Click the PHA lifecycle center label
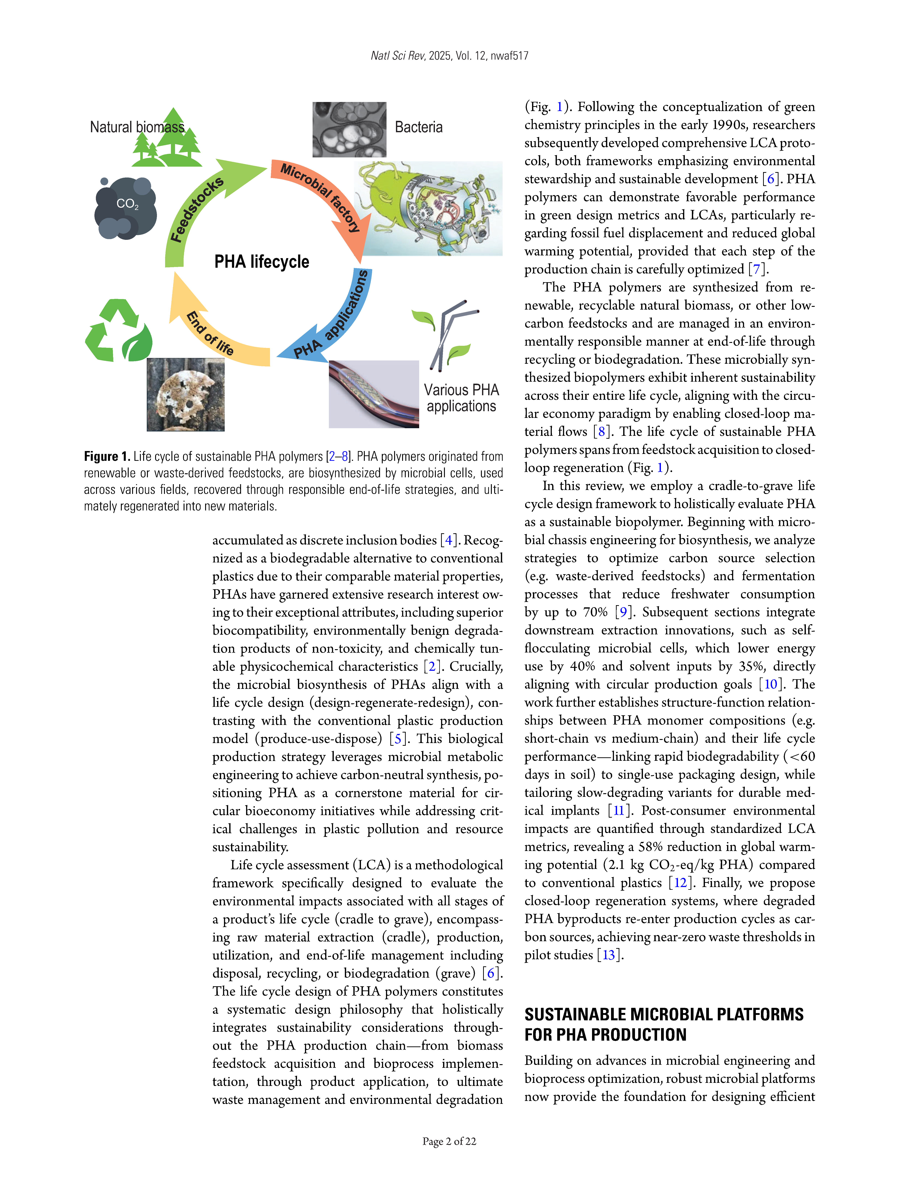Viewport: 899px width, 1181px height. [262, 262]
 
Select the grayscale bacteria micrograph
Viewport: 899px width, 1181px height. [349, 130]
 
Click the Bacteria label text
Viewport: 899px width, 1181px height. [418, 127]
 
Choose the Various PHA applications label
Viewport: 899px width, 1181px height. [461, 398]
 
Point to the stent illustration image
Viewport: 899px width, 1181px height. [373, 394]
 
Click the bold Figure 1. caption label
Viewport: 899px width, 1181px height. [107, 456]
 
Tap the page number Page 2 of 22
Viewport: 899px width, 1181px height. [449, 1141]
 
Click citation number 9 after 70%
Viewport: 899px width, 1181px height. [623, 612]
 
